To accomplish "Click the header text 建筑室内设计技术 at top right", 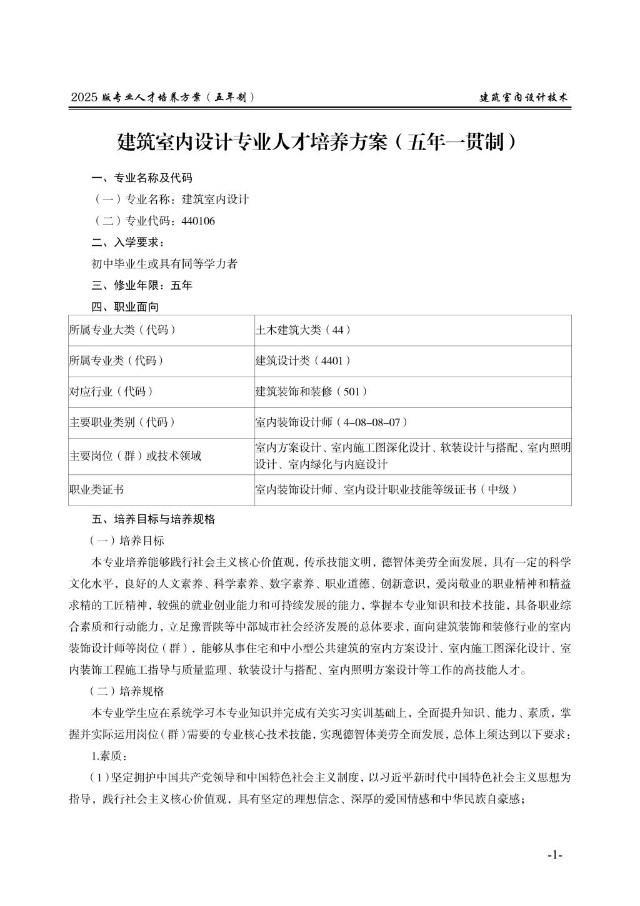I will (x=524, y=98).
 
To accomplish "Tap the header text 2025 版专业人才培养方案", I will (x=164, y=98).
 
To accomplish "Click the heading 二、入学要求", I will (x=128, y=242).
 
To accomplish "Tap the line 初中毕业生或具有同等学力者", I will (x=164, y=264).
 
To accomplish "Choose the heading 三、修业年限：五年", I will (x=142, y=285).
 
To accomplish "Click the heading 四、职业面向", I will (x=125, y=307).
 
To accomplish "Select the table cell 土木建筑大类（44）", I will (x=303, y=330).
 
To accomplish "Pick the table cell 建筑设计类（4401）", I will (x=303, y=361).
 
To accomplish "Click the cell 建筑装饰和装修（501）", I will (x=311, y=392).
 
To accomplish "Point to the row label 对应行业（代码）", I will (x=111, y=392).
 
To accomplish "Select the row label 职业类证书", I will (x=96, y=490).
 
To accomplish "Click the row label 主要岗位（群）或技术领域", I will (x=136, y=456).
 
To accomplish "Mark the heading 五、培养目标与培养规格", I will (x=153, y=519).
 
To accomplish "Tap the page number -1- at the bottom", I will (x=554, y=855).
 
